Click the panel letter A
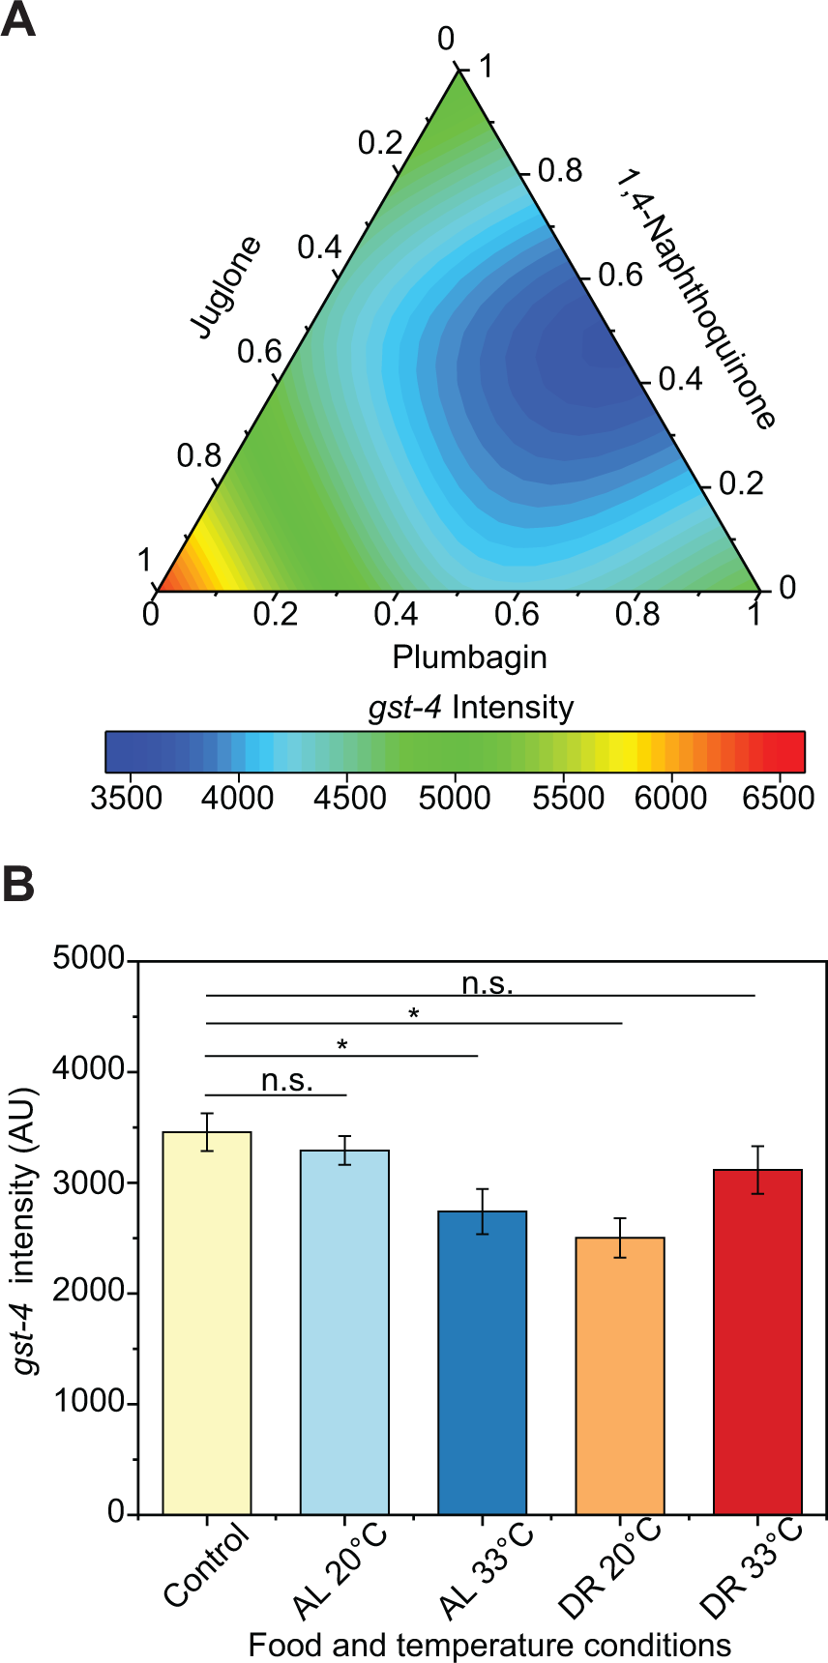18,19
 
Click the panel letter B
18,884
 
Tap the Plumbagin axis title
469,657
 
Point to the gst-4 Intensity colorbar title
471,708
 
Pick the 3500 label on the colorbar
126,798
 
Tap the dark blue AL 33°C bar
482,1362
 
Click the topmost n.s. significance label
487,983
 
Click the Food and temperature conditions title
489,1645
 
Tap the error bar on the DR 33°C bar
757,1170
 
